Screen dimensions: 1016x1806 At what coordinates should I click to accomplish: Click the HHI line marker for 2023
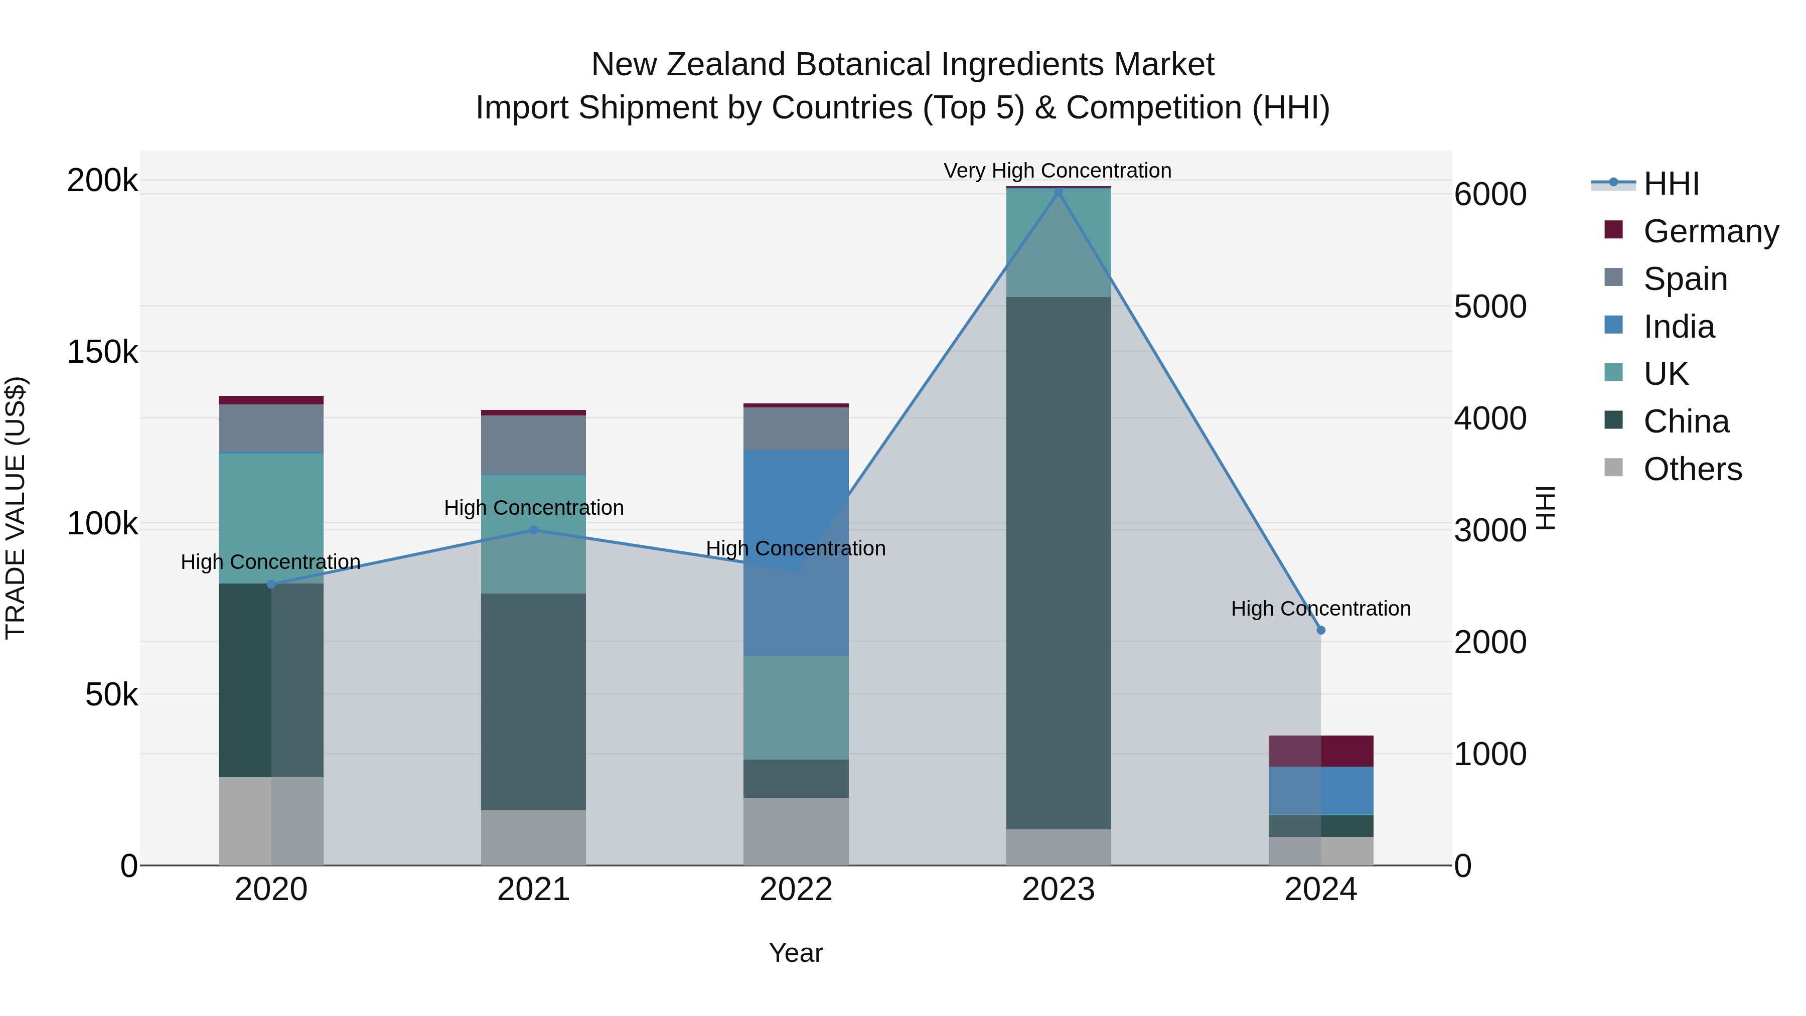tap(1058, 192)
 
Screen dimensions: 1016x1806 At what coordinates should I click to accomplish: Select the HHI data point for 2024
tap(1321, 630)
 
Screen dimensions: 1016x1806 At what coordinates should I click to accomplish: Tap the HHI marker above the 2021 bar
tap(534, 530)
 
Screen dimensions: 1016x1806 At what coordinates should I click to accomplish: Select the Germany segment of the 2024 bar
tap(1321, 751)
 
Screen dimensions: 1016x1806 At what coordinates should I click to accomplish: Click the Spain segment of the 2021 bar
tap(534, 445)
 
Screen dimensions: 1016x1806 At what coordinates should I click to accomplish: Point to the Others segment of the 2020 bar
tap(270, 820)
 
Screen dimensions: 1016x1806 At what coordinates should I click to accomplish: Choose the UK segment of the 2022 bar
tap(796, 707)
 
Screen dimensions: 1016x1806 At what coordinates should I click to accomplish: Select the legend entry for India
tap(1679, 326)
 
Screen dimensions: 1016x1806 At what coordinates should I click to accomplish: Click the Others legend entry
tap(1692, 469)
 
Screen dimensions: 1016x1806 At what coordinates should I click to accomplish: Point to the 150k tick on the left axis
tap(102, 352)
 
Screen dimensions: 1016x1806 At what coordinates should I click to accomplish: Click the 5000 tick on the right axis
tap(1490, 307)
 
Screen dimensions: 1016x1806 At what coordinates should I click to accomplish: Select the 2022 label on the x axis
tap(796, 890)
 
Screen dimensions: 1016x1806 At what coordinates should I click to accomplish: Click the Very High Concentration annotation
tap(1057, 171)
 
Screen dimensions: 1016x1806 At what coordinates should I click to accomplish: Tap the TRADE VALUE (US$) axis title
tap(16, 508)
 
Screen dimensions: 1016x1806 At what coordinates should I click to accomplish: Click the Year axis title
tap(796, 953)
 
